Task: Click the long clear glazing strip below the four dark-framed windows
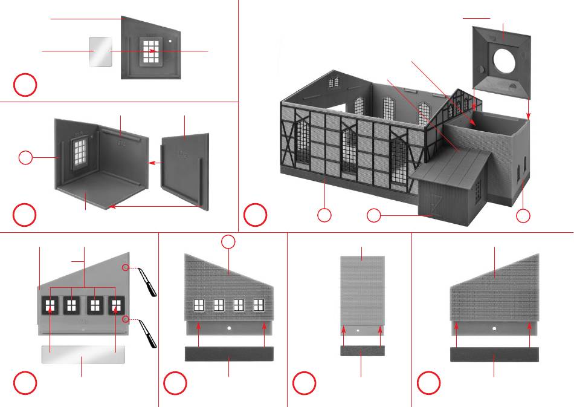(x=83, y=354)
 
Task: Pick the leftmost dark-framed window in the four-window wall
(x=50, y=305)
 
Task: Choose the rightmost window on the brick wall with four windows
(x=259, y=305)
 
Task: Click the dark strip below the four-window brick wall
(x=229, y=354)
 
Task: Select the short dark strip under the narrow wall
(x=361, y=351)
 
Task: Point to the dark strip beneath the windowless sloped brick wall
(x=494, y=354)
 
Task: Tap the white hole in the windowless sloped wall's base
(x=494, y=328)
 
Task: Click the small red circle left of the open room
(x=25, y=158)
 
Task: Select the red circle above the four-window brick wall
(x=228, y=242)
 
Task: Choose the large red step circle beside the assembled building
(x=255, y=215)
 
